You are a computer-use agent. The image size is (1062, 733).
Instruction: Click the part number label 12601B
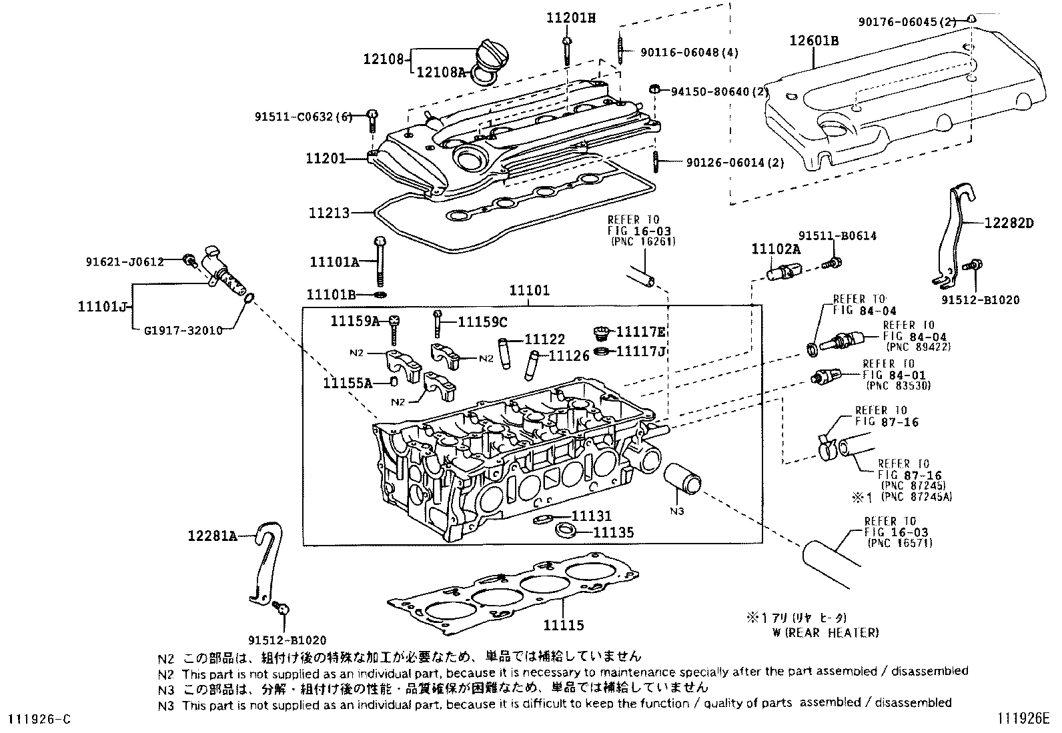coord(814,41)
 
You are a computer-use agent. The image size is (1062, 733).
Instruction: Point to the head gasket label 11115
coord(563,625)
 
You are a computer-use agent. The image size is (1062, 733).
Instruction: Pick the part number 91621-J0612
coord(124,262)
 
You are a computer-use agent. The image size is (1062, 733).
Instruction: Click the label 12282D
coord(1008,223)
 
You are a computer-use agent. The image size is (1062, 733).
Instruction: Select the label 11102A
coord(776,249)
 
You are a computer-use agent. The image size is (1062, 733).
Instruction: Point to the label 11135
coord(613,532)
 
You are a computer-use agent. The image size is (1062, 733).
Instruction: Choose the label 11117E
coord(641,331)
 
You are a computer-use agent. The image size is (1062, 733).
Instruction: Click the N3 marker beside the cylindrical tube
coord(676,511)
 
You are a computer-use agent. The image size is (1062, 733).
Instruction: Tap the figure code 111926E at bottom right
coord(1024,718)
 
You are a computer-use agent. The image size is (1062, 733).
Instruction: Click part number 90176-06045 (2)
coord(907,22)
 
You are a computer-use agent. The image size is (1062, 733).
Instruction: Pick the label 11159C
coord(482,322)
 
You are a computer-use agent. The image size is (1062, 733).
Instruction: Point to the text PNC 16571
coord(901,543)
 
